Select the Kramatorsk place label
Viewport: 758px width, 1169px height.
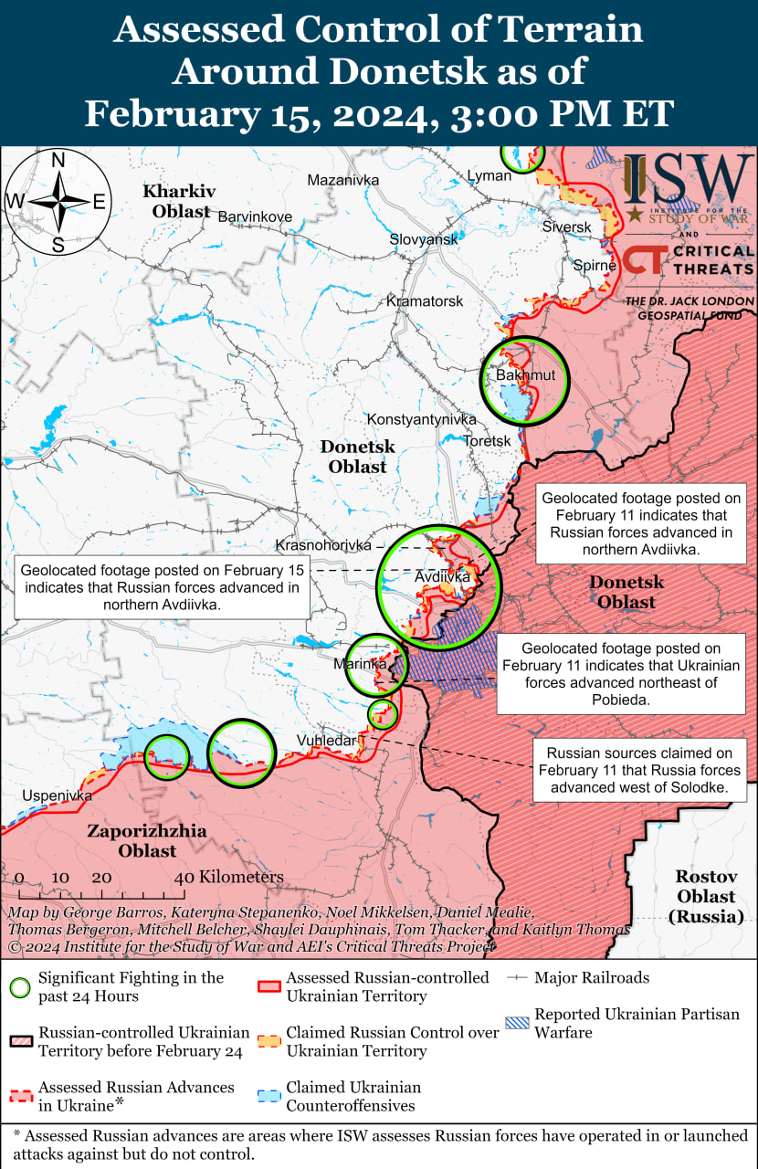pos(424,300)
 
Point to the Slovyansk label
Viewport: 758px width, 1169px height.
pos(424,238)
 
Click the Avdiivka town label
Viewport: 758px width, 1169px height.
pos(442,577)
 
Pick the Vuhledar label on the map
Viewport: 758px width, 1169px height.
pos(326,740)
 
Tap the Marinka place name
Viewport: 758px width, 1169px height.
pos(359,663)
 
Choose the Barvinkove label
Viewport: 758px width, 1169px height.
pos(255,216)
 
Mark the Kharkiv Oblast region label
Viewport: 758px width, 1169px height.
pos(179,201)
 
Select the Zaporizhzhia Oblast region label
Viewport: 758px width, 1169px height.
pos(146,840)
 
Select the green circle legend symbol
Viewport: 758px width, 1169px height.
pos(20,987)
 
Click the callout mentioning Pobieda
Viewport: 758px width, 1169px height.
pos(621,674)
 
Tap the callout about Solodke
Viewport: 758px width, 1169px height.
pos(639,770)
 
